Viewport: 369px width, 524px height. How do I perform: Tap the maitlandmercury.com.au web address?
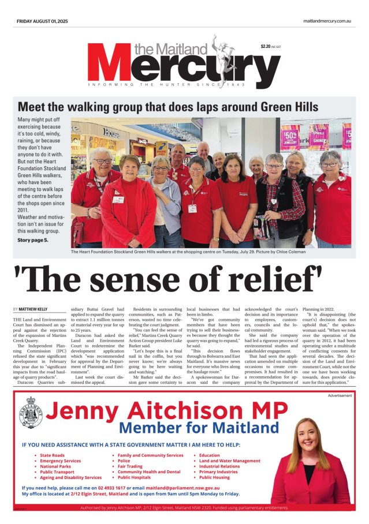tap(327, 21)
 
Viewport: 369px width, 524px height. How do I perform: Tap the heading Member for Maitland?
tap(199, 428)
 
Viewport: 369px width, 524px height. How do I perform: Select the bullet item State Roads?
tap(53, 455)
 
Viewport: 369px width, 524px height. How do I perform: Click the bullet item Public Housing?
tap(214, 477)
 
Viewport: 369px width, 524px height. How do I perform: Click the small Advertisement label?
tap(340, 396)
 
